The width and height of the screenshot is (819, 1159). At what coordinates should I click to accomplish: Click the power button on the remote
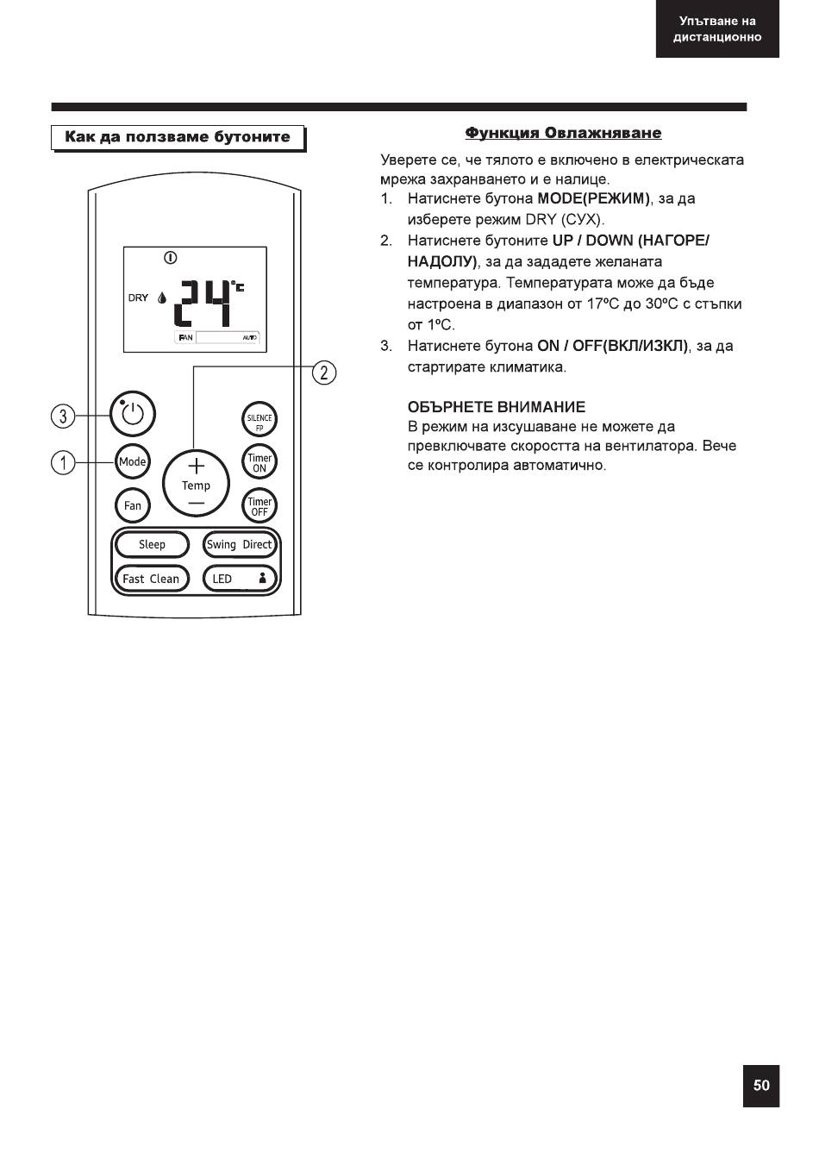click(133, 414)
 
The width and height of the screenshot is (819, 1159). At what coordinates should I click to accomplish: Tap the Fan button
click(133, 505)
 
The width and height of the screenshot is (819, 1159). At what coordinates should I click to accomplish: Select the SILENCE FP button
click(259, 419)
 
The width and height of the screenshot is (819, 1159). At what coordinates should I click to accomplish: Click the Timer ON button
click(259, 462)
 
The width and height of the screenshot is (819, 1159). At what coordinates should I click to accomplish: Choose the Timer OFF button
click(259, 505)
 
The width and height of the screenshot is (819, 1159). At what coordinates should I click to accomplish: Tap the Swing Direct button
click(240, 544)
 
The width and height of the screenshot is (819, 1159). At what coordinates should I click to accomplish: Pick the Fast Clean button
click(152, 579)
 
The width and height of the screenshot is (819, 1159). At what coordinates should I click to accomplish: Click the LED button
click(240, 579)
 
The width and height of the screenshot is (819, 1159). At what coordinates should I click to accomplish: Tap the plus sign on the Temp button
click(196, 467)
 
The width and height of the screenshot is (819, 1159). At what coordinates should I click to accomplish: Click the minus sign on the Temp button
click(196, 503)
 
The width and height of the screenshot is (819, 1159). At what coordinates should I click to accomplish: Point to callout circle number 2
click(324, 373)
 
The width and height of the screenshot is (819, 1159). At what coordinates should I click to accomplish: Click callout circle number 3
click(63, 416)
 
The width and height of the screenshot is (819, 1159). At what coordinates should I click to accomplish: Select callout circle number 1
click(63, 462)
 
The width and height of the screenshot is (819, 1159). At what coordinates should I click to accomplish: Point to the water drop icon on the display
click(162, 298)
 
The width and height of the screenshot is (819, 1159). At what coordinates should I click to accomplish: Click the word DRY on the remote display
click(138, 298)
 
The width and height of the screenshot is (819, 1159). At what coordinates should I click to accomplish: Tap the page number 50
click(761, 1085)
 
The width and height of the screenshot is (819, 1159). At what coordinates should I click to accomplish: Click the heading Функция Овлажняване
click(563, 133)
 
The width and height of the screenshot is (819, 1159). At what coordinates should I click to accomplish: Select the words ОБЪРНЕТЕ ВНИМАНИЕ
click(497, 407)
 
